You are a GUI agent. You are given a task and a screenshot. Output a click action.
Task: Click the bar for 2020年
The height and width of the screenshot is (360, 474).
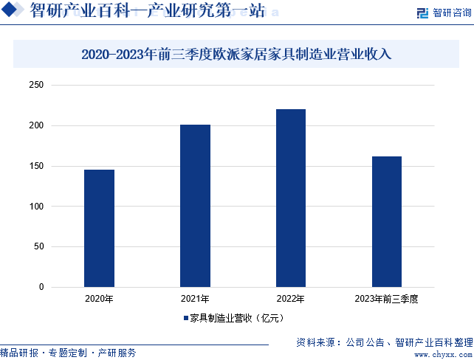tap(99, 228)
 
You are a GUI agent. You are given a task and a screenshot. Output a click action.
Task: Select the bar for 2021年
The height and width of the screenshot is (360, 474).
tap(195, 206)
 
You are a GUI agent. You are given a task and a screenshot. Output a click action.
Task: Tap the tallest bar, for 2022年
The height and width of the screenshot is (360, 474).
tap(291, 198)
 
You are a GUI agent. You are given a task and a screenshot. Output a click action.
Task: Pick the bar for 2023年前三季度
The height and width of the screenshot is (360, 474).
tap(387, 221)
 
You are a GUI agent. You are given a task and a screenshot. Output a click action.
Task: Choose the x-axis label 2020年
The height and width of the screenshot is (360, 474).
tap(99, 299)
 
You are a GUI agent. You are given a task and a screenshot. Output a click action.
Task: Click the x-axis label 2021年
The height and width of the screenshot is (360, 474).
tap(195, 299)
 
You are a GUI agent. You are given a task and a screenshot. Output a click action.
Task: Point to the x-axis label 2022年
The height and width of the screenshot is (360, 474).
tap(291, 299)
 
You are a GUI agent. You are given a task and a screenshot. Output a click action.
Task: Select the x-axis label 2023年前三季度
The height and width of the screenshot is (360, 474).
tap(387, 299)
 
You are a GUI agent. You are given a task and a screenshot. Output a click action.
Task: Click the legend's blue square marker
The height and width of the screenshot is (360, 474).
tap(186, 319)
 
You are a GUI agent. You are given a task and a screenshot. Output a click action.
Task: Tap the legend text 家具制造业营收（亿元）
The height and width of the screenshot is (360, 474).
tap(237, 319)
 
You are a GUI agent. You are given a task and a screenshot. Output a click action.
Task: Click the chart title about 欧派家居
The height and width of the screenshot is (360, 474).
tap(236, 54)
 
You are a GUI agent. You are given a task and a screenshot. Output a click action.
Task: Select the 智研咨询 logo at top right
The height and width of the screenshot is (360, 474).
tap(443, 13)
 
